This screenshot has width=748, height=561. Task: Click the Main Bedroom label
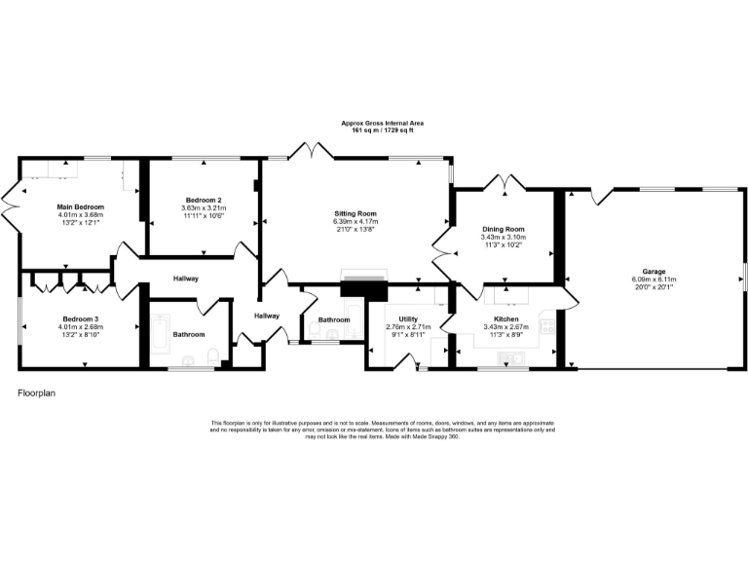(80, 206)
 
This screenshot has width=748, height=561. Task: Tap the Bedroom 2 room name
(203, 200)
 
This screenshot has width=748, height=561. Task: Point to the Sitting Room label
(355, 213)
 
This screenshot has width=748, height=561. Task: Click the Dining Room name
(503, 228)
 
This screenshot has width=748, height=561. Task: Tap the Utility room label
(407, 318)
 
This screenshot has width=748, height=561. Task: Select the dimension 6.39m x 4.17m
(355, 221)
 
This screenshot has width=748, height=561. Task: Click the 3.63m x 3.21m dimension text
(203, 207)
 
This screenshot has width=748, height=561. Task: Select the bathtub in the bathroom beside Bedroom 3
(161, 334)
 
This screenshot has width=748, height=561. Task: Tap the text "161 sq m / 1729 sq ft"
(382, 130)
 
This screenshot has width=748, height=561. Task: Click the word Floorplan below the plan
(38, 393)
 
